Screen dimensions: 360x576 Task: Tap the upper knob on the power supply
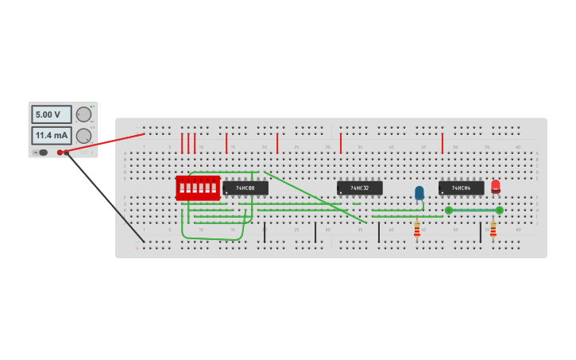point(83,114)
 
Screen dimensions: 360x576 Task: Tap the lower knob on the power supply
point(83,136)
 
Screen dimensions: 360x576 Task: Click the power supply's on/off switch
point(42,153)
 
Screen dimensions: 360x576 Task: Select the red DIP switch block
point(198,188)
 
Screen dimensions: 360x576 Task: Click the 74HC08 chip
point(245,188)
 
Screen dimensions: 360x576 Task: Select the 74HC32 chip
point(360,188)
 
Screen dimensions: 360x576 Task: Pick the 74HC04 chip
point(461,188)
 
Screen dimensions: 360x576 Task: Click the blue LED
point(419,192)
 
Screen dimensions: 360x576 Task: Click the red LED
point(496,186)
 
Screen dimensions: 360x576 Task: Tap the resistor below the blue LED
point(417,230)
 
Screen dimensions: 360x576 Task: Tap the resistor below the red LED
point(493,230)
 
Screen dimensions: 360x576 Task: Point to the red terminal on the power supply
point(60,153)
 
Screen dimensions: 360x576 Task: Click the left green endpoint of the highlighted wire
point(449,211)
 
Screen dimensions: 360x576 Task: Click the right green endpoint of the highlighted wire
point(500,211)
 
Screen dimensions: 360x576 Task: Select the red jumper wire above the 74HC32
point(341,144)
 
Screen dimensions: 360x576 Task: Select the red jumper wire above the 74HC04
point(443,144)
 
